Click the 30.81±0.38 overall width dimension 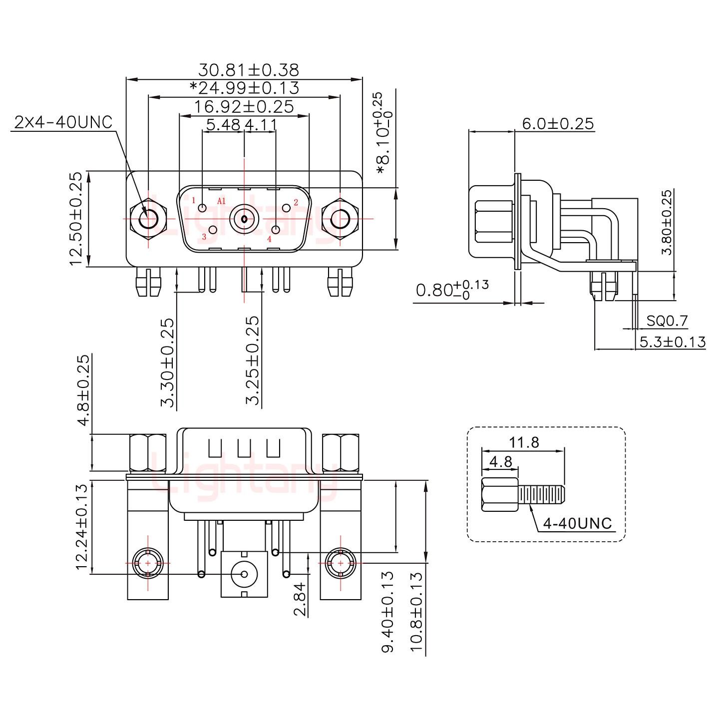248,69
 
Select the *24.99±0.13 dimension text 244,88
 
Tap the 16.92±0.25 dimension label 244,106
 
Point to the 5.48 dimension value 223,124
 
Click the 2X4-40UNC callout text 63,122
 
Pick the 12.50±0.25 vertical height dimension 76,219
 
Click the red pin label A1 221,201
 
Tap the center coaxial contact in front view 244,219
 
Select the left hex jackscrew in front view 148,219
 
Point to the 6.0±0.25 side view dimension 558,123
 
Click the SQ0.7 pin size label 667,321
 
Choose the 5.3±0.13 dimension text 673,342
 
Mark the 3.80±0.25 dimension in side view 667,222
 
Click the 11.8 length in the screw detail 524,442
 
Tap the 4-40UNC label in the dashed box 577,523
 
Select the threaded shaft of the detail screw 541,495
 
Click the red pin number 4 269,239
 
